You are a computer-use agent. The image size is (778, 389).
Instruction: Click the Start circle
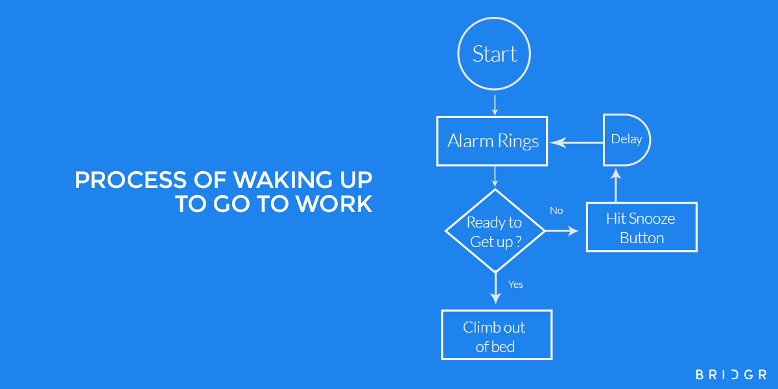point(495,54)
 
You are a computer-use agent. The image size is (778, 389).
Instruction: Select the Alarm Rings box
point(493,141)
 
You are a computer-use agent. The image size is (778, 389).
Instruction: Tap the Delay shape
point(626,139)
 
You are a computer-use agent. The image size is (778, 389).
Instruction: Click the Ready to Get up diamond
point(495,231)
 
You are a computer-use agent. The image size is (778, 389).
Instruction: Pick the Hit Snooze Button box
point(641,228)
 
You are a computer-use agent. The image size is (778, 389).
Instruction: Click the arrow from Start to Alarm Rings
point(495,105)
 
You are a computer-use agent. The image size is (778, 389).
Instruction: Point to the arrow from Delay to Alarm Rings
point(576,141)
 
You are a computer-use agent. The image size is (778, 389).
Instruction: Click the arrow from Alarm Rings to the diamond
point(495,176)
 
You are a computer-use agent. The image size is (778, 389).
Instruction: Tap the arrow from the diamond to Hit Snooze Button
point(561,231)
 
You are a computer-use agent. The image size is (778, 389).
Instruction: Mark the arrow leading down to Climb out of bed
point(495,289)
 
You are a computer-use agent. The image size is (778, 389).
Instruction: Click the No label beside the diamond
point(556,211)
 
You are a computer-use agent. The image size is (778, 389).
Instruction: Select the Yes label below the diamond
point(515,284)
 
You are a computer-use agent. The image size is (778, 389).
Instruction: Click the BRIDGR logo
point(731,375)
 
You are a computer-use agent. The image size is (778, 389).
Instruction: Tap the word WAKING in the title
point(270,180)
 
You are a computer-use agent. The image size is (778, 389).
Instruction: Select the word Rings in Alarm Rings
point(519,141)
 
